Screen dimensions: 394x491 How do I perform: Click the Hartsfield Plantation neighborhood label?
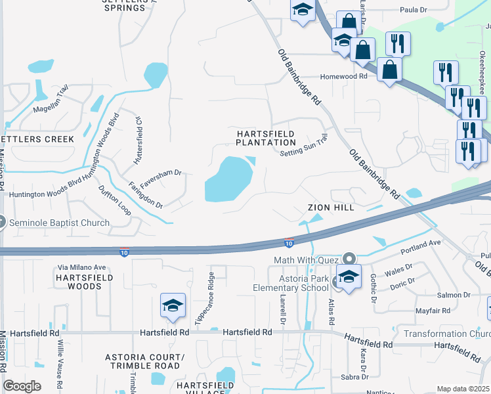tap(266, 138)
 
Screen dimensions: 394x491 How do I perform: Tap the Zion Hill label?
tap(331, 208)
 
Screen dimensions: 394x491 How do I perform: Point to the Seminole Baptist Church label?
tap(59, 223)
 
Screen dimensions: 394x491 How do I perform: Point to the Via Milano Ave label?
tap(81, 267)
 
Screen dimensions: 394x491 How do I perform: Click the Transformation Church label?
tap(446, 333)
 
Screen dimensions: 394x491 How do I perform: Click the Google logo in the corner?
tap(22, 386)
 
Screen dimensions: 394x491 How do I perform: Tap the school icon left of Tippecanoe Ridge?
tap(173, 306)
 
